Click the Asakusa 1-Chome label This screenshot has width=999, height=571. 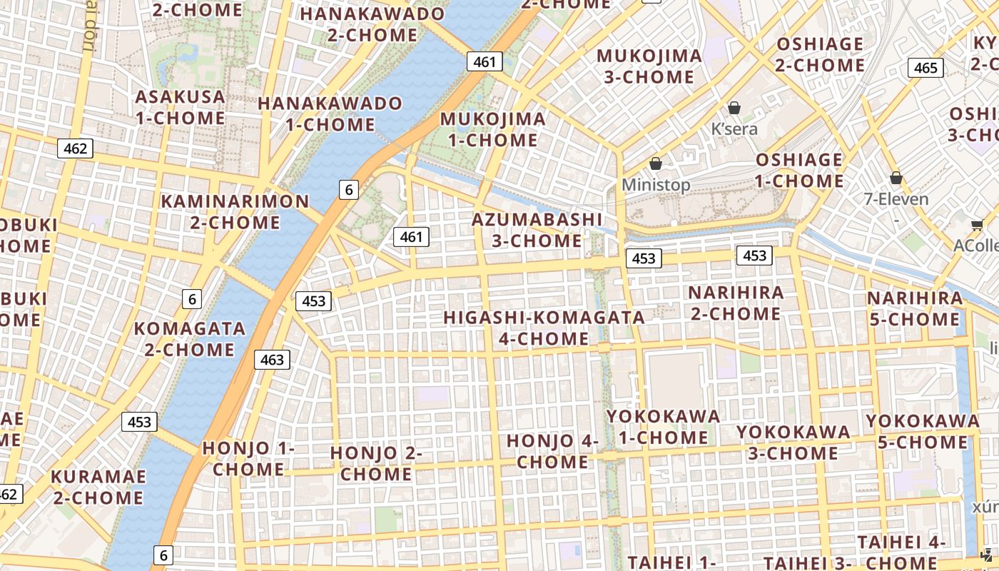pos(181,107)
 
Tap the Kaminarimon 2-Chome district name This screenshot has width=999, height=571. pos(235,211)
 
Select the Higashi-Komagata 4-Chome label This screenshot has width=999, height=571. pos(544,328)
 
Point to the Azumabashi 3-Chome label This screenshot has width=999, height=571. pos(537,230)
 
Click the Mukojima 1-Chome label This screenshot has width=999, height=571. pos(493,129)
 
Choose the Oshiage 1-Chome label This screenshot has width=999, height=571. pos(799,170)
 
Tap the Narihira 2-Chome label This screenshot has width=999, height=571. pos(736,303)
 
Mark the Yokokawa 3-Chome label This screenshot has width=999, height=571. pos(793,443)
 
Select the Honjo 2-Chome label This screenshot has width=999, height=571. pos(376,463)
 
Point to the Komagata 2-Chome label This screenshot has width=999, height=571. pos(190,339)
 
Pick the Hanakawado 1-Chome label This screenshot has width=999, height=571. pos(330,113)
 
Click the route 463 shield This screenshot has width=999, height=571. pos(272,360)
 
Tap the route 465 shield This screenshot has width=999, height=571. pos(926,68)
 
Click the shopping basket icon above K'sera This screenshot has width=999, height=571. pos(734,108)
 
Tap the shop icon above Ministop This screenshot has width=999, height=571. pos(656,164)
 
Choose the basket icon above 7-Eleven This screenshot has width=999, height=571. pos(896,178)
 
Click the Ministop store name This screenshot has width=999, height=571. pos(656,185)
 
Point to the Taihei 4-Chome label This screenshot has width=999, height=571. pos(901,552)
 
